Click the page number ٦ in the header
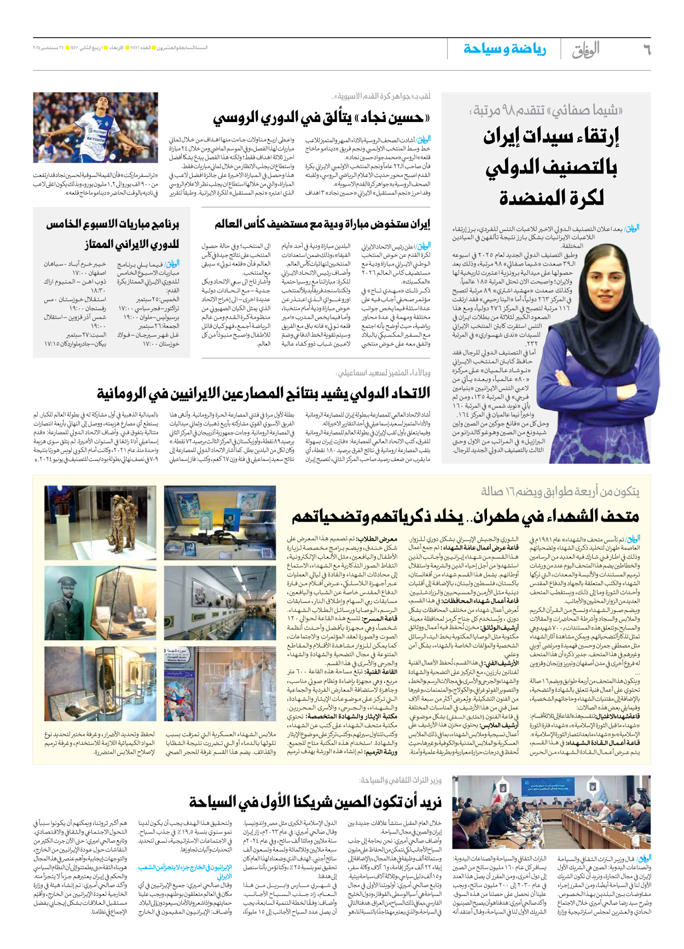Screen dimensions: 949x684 coord(646,50)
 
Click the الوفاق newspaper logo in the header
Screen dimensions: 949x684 coord(586,50)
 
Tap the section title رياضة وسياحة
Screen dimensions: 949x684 coord(505,49)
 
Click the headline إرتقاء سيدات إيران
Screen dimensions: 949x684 coord(551,136)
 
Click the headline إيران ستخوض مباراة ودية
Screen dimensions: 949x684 coord(322,224)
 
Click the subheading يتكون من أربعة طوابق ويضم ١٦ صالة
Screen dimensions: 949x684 coord(560,491)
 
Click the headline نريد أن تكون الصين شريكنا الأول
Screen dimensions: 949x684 coord(315,802)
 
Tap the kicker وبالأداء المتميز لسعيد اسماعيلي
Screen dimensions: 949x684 coord(383,373)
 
